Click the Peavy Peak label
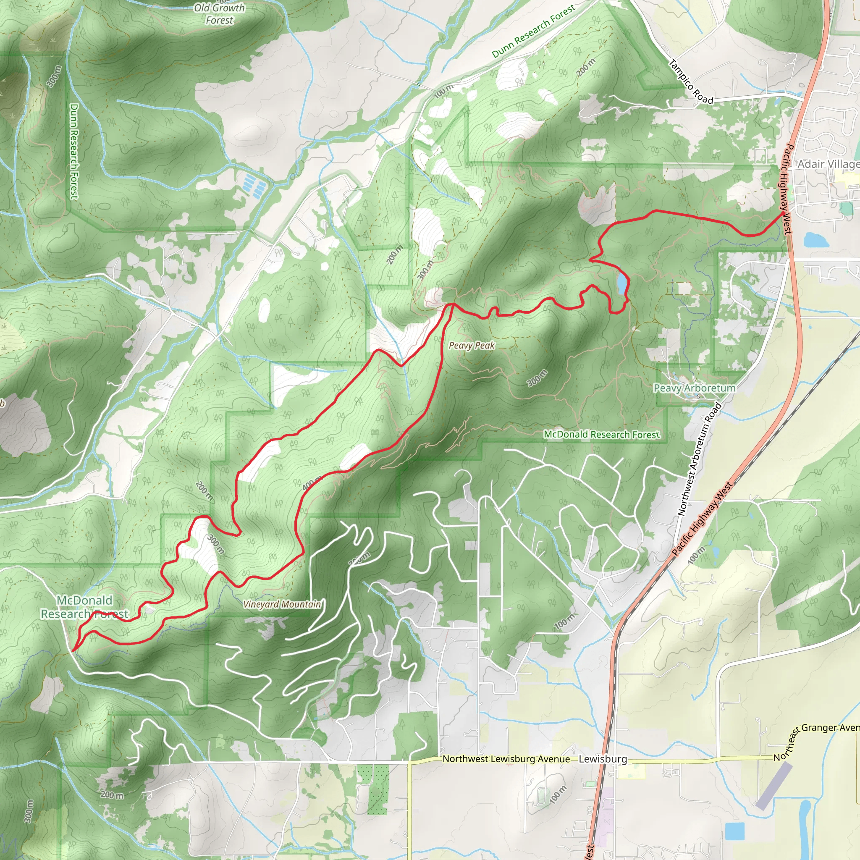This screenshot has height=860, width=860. pyautogui.click(x=472, y=346)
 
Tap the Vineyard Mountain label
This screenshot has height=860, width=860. pyautogui.click(x=282, y=604)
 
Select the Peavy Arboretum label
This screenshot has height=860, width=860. pyautogui.click(x=694, y=388)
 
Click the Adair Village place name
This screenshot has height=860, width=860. pyautogui.click(x=828, y=164)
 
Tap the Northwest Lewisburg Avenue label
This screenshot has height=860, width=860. pyautogui.click(x=506, y=759)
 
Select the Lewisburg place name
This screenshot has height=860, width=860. pyautogui.click(x=603, y=759)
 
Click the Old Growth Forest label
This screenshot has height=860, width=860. pyautogui.click(x=220, y=14)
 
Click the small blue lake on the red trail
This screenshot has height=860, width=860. pyautogui.click(x=621, y=283)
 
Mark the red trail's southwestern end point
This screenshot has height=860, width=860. pyautogui.click(x=73, y=651)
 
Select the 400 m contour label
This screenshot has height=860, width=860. pyautogui.click(x=312, y=483)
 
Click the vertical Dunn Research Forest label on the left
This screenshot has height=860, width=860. pyautogui.click(x=74, y=151)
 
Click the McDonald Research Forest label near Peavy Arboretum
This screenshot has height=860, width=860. pyautogui.click(x=601, y=435)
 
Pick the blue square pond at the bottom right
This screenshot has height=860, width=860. pyautogui.click(x=734, y=831)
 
